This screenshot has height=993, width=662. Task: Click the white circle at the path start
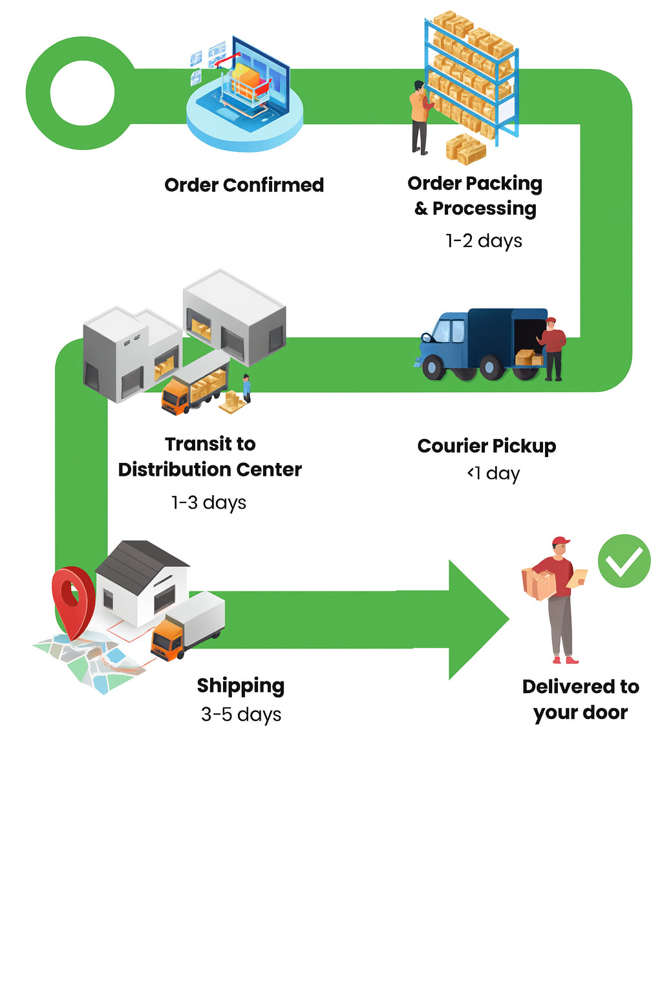tap(82, 93)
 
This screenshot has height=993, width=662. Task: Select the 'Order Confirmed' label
tap(244, 185)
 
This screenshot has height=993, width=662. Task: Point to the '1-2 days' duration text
tap(484, 240)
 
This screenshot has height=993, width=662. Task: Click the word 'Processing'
tap(484, 208)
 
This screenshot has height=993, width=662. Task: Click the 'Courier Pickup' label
tap(486, 445)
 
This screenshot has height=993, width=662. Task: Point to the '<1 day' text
tap(493, 473)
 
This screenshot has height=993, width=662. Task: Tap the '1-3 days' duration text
tap(208, 502)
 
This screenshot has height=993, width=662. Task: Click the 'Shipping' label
tap(240, 685)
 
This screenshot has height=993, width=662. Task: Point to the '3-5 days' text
tap(240, 714)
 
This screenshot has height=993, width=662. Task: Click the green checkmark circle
tap(624, 561)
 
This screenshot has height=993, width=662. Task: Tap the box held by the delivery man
tap(539, 583)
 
